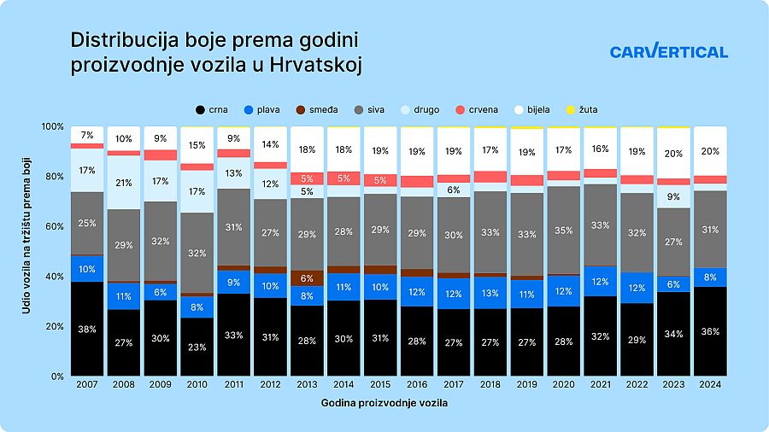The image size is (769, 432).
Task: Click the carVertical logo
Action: [669, 51]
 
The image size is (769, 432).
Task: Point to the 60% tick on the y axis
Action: [54, 226]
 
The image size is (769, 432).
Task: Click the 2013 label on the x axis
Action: [307, 385]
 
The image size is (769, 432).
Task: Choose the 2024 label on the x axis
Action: [710, 385]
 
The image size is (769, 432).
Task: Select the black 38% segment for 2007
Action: [87, 329]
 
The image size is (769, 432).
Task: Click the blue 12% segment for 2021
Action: [600, 281]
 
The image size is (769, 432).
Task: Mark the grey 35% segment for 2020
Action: [564, 230]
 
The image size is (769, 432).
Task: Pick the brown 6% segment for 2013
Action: [307, 278]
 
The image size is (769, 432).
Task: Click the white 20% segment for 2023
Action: [673, 154]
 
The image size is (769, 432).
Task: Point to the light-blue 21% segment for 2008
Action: [124, 183]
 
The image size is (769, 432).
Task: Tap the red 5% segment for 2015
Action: [380, 180]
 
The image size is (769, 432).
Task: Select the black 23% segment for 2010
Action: [197, 347]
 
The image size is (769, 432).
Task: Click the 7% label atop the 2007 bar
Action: [87, 135]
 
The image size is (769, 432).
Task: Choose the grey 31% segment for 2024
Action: [710, 229]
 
